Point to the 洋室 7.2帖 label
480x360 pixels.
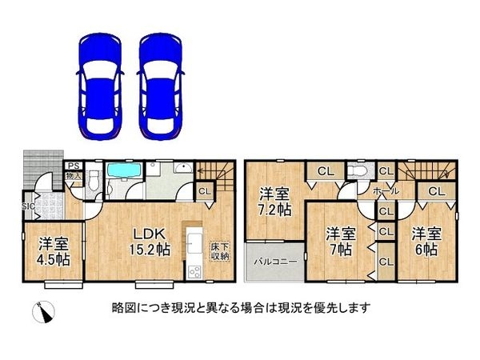tap(274, 201)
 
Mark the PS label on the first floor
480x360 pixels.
tap(70, 166)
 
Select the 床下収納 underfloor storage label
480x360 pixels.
tap(219, 251)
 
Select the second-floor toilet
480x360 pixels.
tap(359, 174)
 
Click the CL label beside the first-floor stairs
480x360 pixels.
tap(204, 191)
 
